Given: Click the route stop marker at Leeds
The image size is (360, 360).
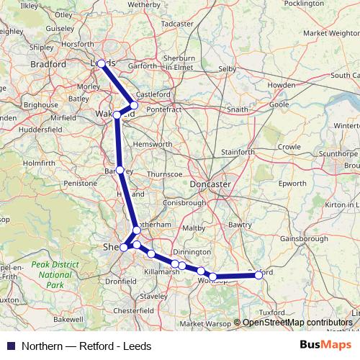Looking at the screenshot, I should coord(102,63).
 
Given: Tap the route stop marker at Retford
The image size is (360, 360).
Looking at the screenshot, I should coord(258,274).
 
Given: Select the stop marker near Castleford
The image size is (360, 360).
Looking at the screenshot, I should coord(134,105).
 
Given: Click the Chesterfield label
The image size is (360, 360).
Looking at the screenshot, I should coord(133,310).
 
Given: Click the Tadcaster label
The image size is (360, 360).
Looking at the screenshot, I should coord(177,24).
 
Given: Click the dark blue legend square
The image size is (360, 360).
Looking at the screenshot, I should coord(10,346).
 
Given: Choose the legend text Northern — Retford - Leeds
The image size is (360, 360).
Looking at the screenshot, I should coord(86,346).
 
